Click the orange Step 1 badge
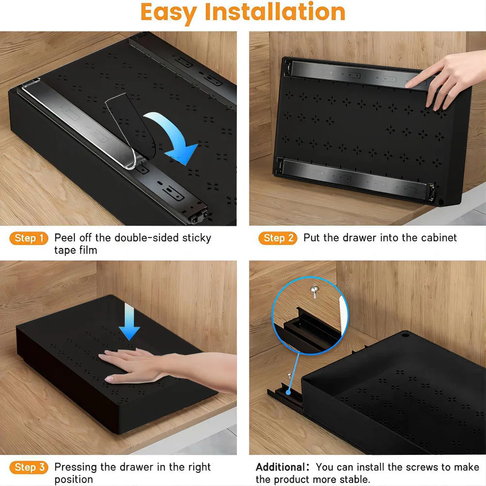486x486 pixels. pyautogui.click(x=29, y=238)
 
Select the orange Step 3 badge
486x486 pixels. pyautogui.click(x=29, y=467)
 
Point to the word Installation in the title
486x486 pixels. pyautogui.click(x=275, y=13)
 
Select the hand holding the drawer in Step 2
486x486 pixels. pyautogui.click(x=447, y=78)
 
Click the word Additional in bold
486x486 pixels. pyautogui.click(x=281, y=467)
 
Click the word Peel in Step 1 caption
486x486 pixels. pyautogui.click(x=65, y=238)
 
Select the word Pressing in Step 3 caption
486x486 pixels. pyautogui.click(x=76, y=467)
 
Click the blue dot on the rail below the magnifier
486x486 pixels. pyautogui.click(x=289, y=390)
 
